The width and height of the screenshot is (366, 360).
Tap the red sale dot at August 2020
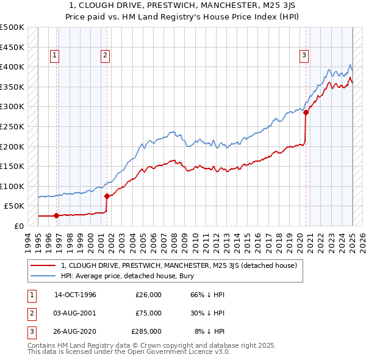(306, 113)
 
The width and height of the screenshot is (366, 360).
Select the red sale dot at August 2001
(107, 196)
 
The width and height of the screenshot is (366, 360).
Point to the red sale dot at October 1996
(57, 215)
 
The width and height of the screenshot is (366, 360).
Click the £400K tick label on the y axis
(12, 67)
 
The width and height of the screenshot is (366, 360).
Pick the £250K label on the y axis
(12, 127)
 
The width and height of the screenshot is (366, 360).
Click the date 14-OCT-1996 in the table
(75, 295)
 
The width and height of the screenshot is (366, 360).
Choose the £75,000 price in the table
(148, 313)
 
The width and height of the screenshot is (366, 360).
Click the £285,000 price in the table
(146, 331)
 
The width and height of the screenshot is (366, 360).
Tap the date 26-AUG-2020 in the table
(75, 331)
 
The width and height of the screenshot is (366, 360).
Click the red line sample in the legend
(43, 265)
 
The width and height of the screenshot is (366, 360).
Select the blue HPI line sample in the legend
(43, 276)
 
